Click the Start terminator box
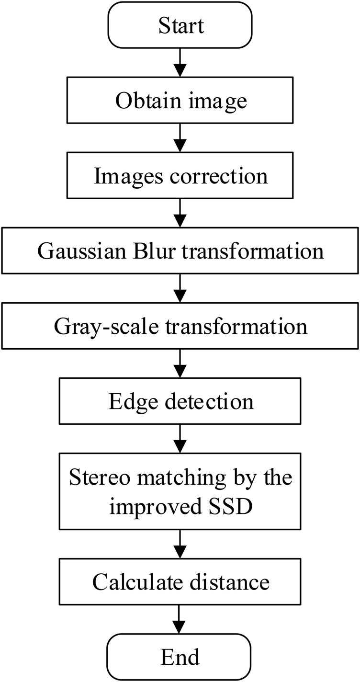(x=180, y=26)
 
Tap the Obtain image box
(x=180, y=101)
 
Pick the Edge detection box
(x=180, y=401)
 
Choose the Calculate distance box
(x=180, y=582)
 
